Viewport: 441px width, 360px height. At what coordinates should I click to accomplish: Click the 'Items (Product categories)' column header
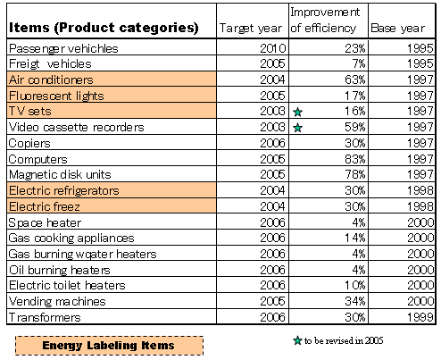click(104, 28)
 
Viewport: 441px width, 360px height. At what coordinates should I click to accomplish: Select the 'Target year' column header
click(251, 29)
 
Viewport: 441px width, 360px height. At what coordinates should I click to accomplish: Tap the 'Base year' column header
click(398, 28)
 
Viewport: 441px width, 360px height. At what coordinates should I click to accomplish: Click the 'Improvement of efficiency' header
click(325, 20)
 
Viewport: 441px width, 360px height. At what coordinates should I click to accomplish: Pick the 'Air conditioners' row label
click(51, 80)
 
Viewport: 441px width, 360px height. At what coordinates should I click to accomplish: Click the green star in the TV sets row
click(298, 112)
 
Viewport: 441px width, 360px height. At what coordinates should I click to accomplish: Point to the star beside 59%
click(298, 128)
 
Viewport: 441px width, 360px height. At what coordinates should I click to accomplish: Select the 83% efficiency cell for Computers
click(355, 159)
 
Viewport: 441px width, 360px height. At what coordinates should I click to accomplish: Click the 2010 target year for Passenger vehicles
click(273, 48)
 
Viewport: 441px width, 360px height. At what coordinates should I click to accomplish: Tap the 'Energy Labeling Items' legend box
click(109, 346)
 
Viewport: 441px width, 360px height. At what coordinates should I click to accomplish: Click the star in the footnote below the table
click(297, 340)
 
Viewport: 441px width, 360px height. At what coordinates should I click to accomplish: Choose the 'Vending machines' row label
click(57, 301)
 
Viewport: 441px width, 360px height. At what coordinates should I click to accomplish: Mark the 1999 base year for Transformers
click(420, 317)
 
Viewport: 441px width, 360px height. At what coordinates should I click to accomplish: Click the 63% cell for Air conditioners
click(355, 80)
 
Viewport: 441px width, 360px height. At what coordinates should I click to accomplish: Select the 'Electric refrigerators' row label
click(64, 190)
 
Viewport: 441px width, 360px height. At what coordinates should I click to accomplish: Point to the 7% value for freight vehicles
click(359, 63)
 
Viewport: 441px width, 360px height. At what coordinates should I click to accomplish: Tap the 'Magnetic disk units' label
click(60, 174)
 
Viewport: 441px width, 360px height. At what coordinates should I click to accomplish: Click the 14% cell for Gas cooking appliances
click(355, 238)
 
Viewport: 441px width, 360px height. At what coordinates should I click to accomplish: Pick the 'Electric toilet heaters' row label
click(67, 285)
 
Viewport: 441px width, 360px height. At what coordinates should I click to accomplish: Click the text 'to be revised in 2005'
click(344, 340)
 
